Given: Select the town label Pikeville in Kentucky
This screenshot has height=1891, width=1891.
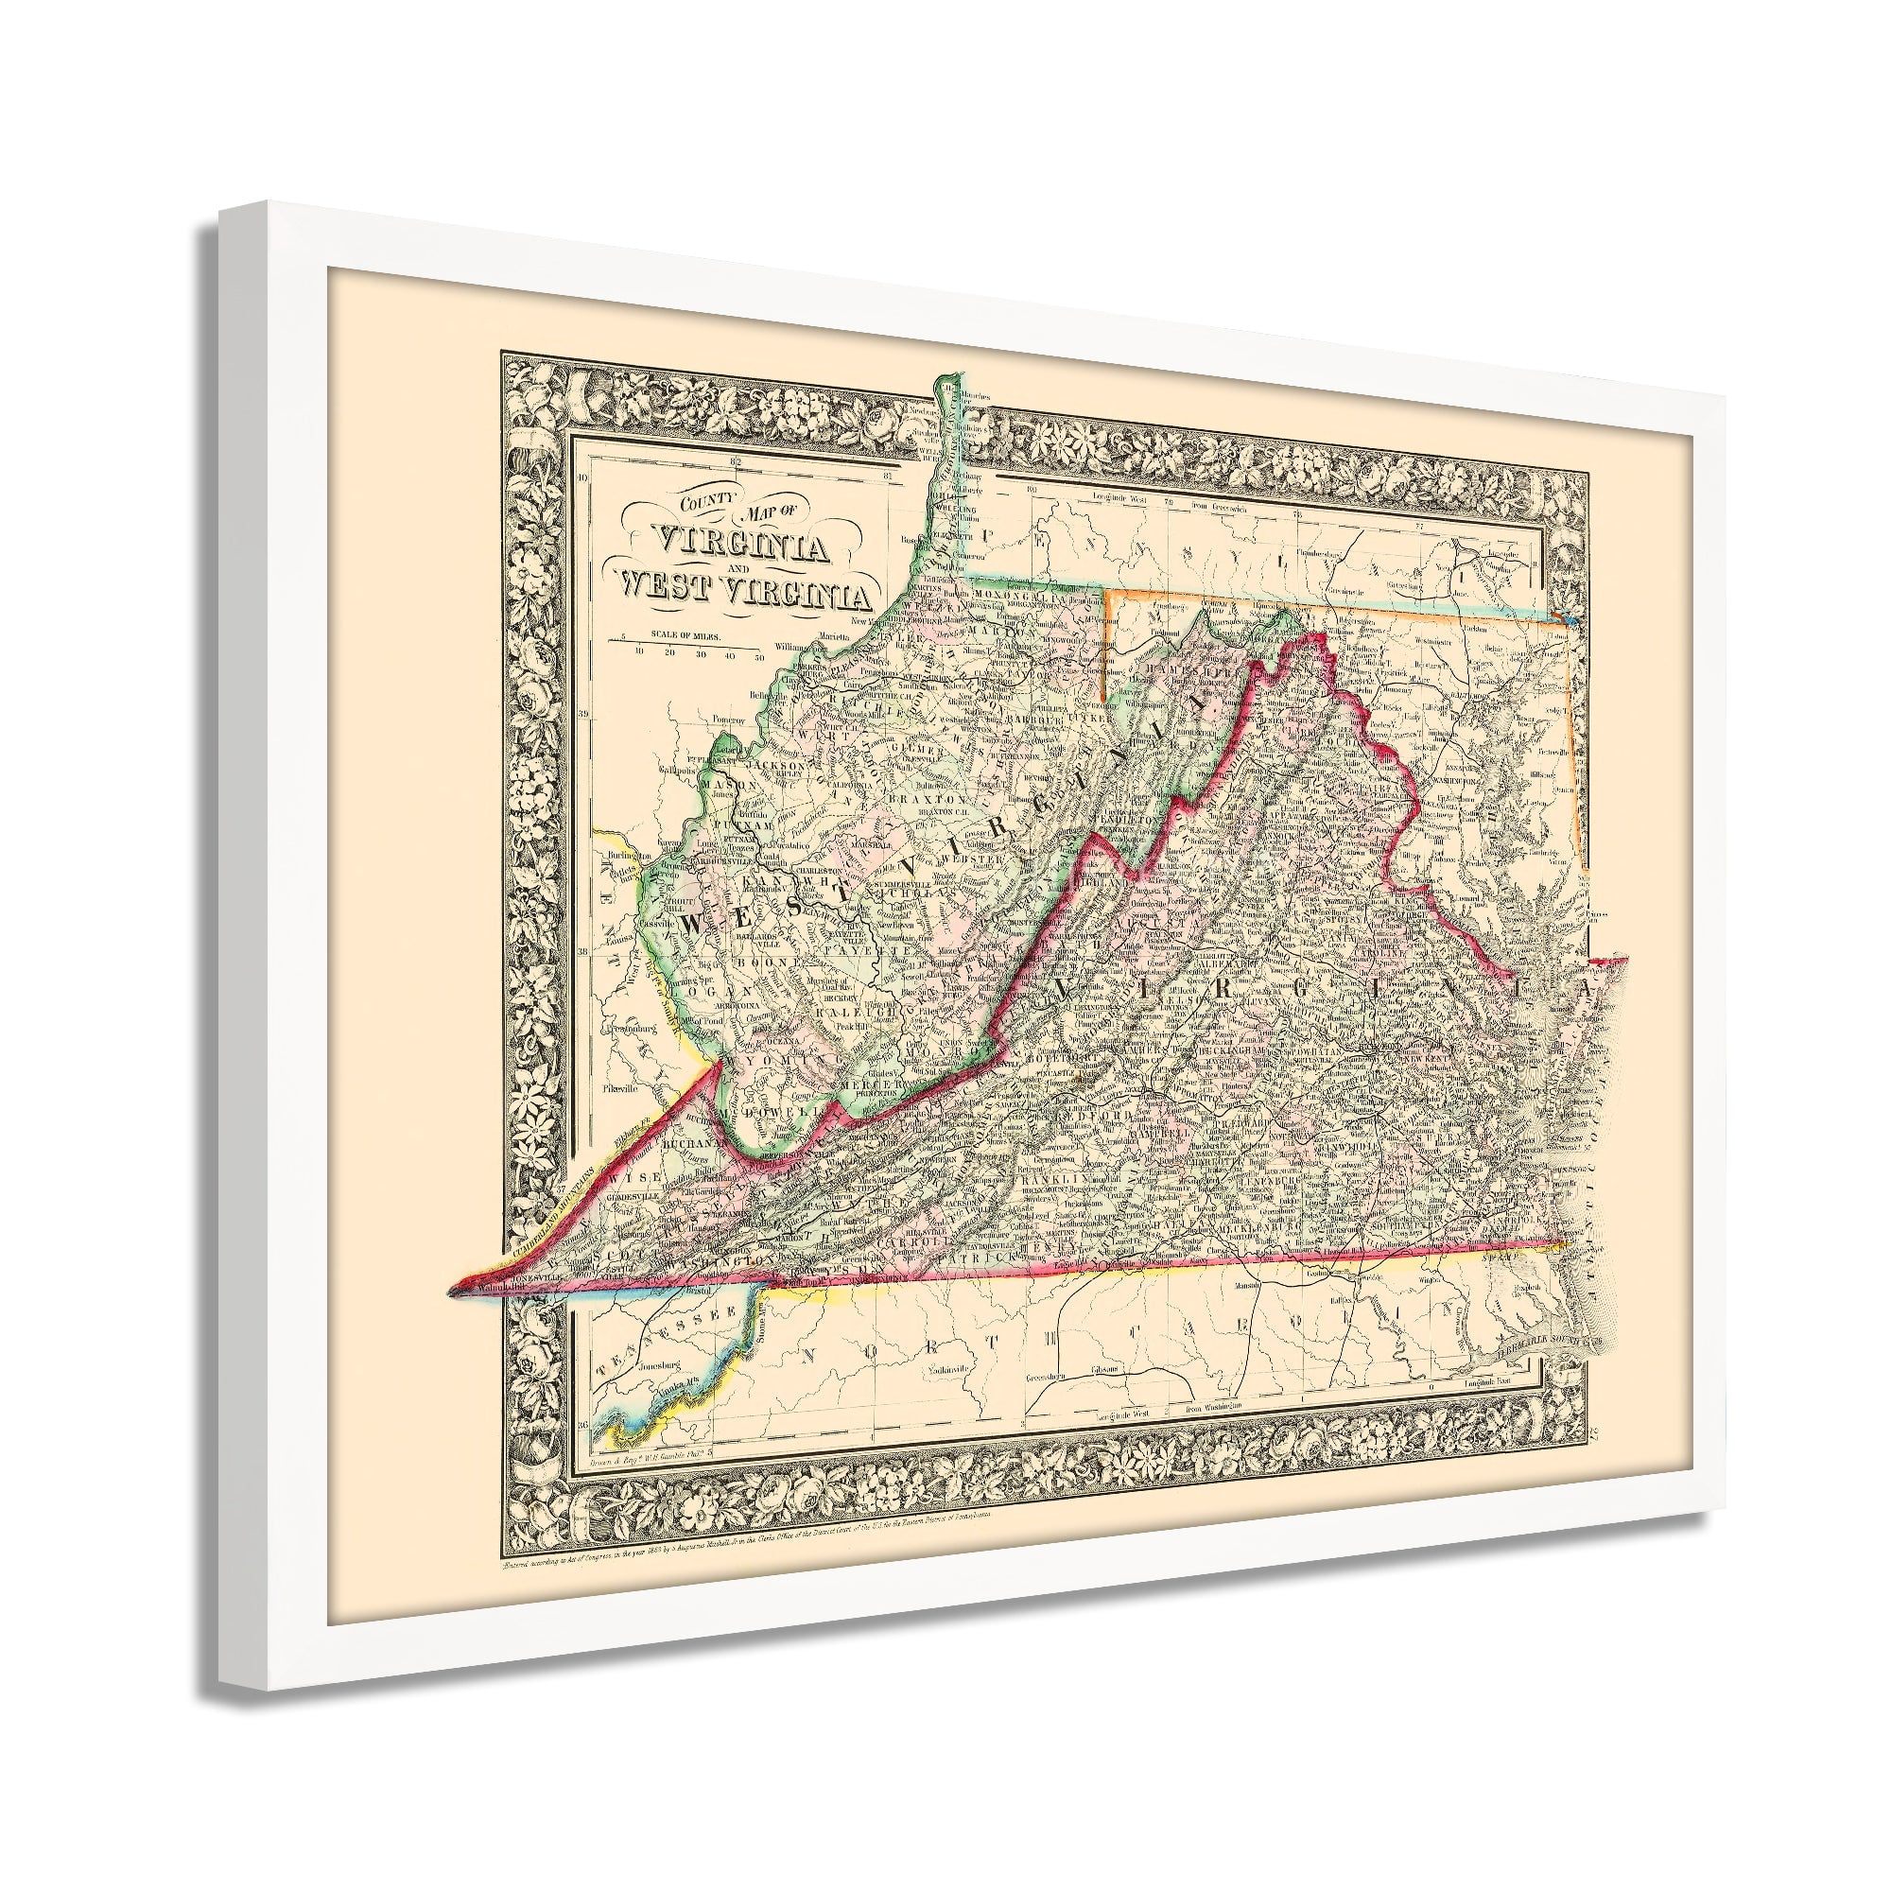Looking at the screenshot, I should [619, 1087].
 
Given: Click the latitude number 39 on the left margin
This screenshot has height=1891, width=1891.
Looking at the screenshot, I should [584, 716].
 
